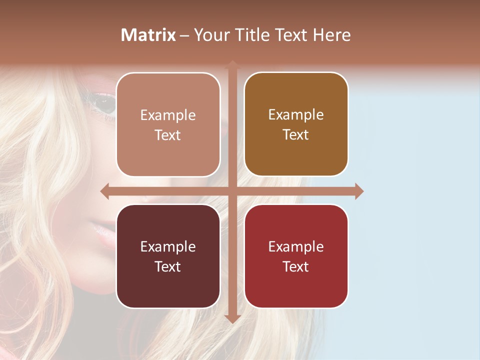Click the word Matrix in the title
148,35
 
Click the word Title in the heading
251,35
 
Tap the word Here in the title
331,35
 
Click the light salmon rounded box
168,124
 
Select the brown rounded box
296,124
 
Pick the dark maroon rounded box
168,256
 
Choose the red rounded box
296,256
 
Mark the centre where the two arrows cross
232,191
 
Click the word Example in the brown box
296,114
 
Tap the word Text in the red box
296,266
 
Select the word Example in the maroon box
168,246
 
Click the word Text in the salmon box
168,135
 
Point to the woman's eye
104,104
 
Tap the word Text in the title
291,35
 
